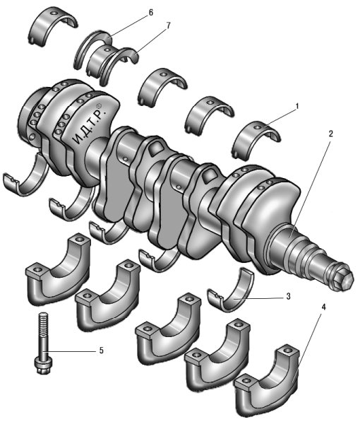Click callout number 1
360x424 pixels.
pyautogui.click(x=297, y=106)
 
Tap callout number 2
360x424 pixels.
pyautogui.click(x=331, y=134)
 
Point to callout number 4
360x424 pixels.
pyautogui.click(x=324, y=307)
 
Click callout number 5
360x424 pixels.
pyautogui.click(x=101, y=351)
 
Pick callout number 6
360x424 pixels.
pyautogui.click(x=150, y=13)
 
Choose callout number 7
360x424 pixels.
pyautogui.click(x=168, y=25)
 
